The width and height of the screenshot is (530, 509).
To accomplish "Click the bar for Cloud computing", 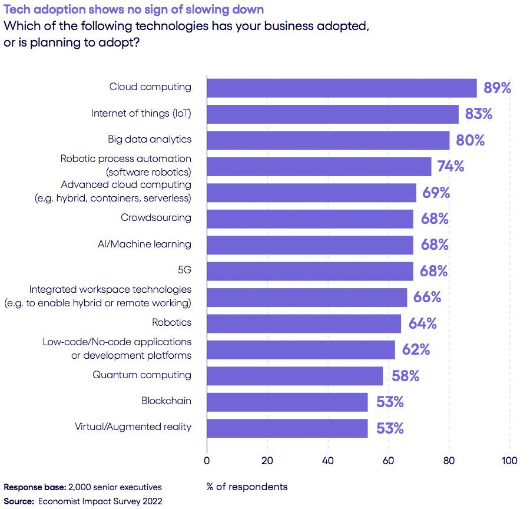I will click(342, 88).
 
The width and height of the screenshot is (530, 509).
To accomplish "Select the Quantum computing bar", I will click(294, 376).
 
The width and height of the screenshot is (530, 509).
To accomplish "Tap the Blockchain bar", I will click(287, 402).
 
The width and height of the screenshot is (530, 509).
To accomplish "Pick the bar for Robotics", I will click(304, 323).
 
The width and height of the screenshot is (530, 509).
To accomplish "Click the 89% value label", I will click(497, 88).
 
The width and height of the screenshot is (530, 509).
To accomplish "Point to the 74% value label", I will click(450, 167).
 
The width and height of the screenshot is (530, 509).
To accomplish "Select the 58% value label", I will click(405, 376).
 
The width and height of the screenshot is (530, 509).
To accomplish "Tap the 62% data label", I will click(416, 350).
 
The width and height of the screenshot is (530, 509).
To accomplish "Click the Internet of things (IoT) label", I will click(141, 113).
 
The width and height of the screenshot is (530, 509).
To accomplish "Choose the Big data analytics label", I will click(150, 140).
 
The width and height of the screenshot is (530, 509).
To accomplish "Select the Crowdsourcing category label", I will click(156, 218).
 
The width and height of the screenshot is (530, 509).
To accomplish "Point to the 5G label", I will click(184, 270).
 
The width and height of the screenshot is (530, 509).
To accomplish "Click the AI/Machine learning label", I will click(144, 244).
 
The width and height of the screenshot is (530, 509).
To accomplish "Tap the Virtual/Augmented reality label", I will click(133, 427).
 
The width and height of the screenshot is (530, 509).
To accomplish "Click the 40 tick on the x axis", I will click(327, 461).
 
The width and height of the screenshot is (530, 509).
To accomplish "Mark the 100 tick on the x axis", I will click(509, 461).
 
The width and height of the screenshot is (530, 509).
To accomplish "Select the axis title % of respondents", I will click(247, 487).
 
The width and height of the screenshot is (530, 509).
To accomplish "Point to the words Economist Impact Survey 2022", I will click(100, 501).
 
